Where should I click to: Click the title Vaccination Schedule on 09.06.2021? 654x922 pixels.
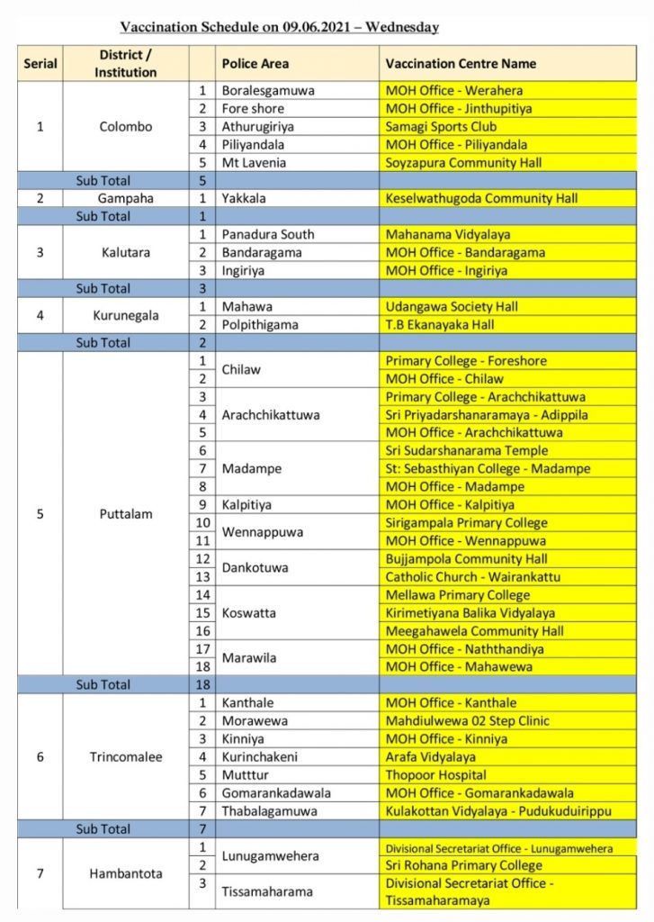click(x=279, y=27)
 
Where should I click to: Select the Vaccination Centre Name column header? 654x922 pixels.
click(x=461, y=63)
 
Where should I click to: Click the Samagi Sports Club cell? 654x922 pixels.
click(x=441, y=126)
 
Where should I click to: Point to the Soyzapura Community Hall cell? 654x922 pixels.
click(x=463, y=162)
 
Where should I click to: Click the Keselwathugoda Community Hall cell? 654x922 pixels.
click(x=480, y=198)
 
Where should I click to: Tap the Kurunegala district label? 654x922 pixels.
click(x=126, y=315)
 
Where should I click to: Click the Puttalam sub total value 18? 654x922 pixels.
click(x=202, y=684)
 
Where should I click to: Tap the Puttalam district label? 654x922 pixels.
click(x=126, y=514)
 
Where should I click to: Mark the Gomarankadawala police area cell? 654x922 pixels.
click(x=276, y=792)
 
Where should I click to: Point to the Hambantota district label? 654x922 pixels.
click(x=126, y=874)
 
